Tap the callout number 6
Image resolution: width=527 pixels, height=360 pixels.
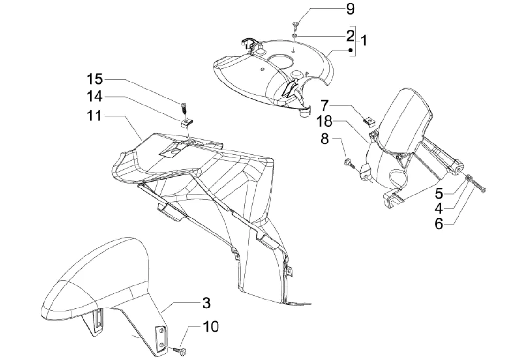tap(438, 224)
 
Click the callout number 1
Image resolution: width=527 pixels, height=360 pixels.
tap(363, 40)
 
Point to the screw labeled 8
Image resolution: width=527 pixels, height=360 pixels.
tap(348, 163)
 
